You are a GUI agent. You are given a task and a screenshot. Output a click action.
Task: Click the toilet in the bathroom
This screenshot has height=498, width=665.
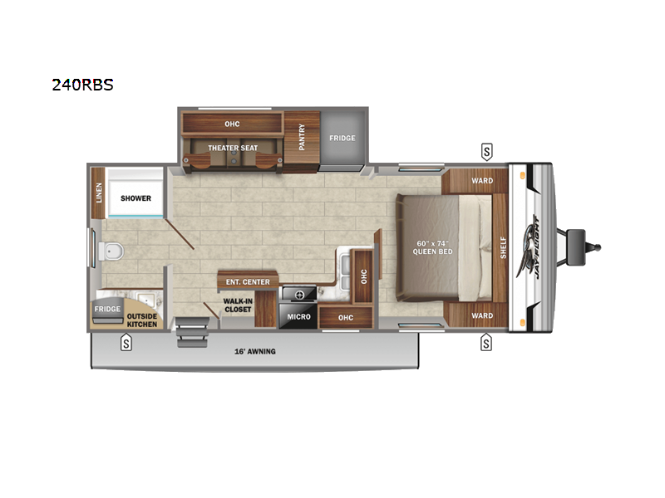(112, 250)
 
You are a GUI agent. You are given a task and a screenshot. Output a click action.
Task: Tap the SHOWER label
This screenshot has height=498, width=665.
(135, 199)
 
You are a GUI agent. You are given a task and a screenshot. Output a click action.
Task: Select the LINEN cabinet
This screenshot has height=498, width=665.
(98, 194)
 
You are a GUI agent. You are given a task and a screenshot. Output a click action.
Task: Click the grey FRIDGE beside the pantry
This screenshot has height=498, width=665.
(342, 138)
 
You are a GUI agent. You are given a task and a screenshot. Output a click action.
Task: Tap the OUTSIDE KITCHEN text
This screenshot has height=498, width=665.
(142, 319)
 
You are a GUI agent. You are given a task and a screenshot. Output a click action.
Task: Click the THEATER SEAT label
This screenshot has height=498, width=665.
(233, 148)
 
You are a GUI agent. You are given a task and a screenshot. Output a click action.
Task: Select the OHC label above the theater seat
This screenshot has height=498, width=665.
(232, 124)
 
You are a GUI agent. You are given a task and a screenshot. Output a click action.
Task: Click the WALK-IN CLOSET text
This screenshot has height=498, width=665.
(238, 305)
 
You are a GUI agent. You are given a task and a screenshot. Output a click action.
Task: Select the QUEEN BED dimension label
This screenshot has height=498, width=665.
(433, 247)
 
